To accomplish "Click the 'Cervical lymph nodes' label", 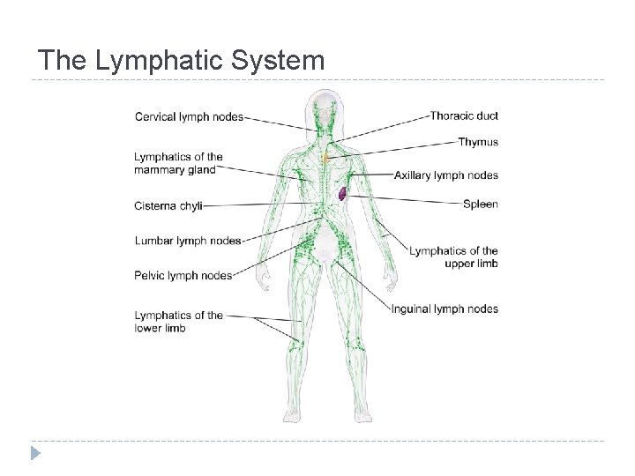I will pos(189,117).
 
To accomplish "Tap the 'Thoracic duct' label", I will pos(464,115).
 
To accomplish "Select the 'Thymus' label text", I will pos(478,142).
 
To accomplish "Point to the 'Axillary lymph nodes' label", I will pos(446,175).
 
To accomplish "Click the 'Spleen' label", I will pos(481,205).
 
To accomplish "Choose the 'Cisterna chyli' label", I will pos(168,206).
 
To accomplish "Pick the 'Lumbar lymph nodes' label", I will pos(188,241).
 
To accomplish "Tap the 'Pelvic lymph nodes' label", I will pos(183,276).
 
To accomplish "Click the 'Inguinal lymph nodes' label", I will pos(444,309).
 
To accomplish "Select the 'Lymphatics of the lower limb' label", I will pos(178,322).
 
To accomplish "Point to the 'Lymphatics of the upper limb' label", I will pos(454,257).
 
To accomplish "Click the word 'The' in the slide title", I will pos(62,61).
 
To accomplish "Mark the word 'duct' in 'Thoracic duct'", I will pos(486,115).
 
